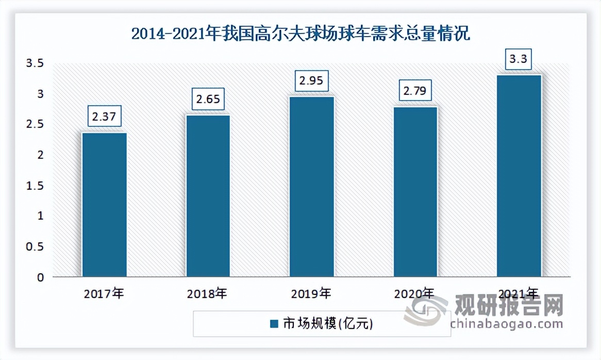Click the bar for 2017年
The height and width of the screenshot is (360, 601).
coord(105,205)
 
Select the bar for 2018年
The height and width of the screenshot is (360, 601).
coord(208,196)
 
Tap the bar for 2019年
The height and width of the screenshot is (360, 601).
coord(312,187)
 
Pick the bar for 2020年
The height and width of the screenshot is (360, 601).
coord(415,192)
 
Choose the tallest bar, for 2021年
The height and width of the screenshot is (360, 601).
coord(519,176)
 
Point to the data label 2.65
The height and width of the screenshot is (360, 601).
coord(208,99)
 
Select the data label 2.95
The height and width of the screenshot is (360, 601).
coord(311,80)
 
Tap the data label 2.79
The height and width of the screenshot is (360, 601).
coord(415,91)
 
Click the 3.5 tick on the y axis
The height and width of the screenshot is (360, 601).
coord(36,63)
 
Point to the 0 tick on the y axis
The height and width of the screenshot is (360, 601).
coord(41,277)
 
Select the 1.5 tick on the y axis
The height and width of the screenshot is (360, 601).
coord(36,186)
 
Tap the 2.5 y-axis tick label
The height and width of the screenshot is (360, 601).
coord(36,124)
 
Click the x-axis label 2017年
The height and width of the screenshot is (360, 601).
coord(105,294)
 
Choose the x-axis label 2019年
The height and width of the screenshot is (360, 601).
coord(311,294)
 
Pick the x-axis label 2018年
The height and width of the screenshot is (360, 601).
coord(208,294)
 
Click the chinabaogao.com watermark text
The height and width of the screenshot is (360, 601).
coord(506,324)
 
